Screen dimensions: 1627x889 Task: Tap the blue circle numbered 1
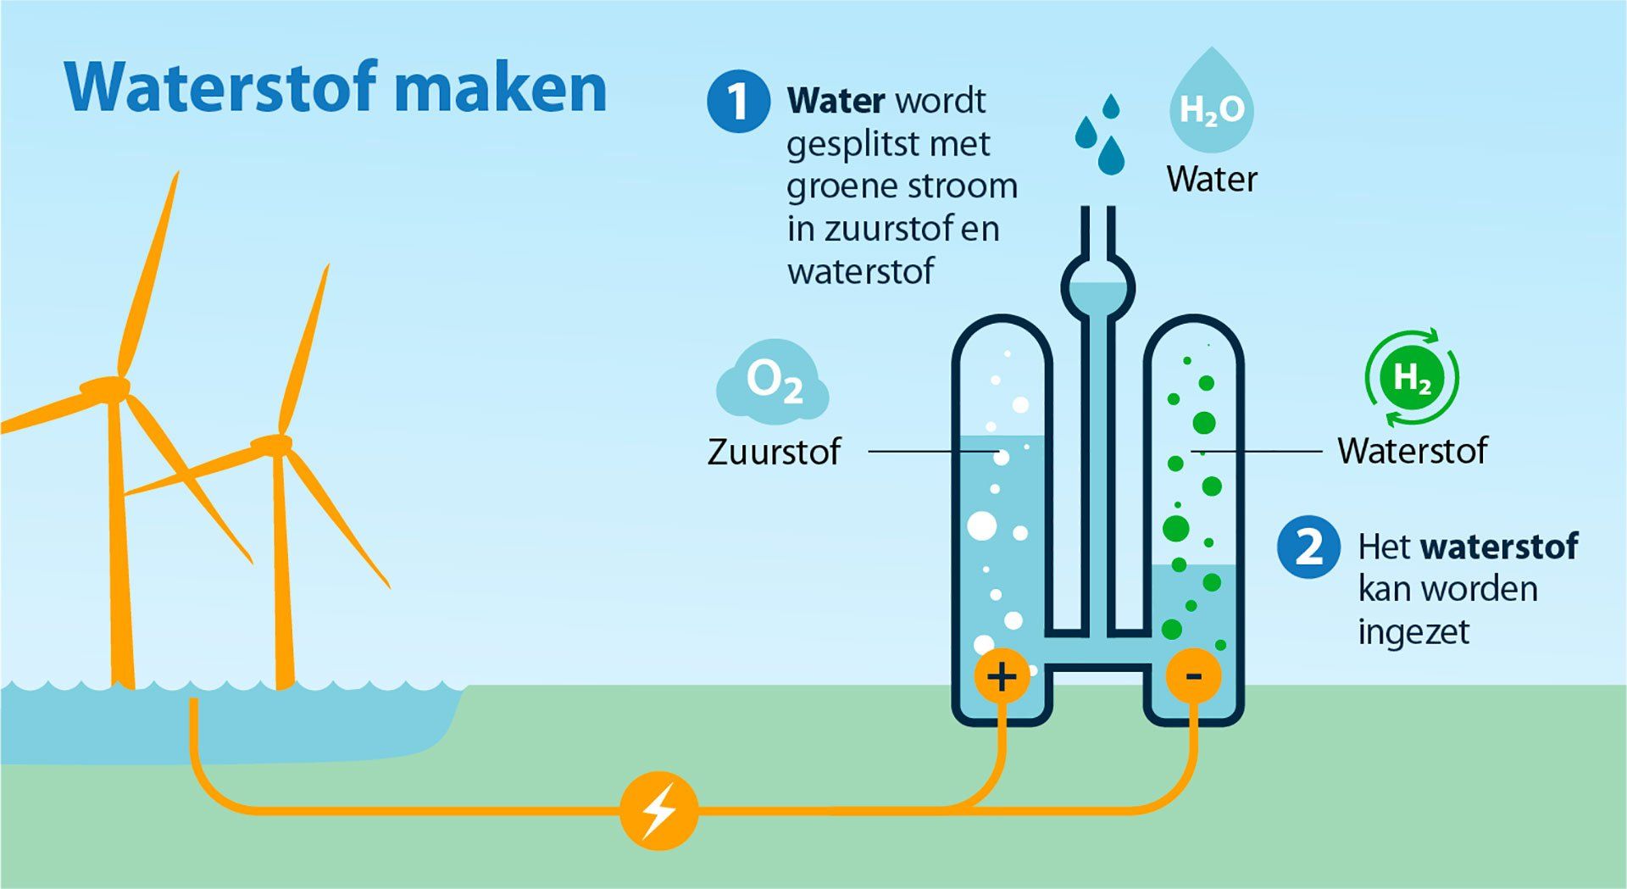[x=738, y=102]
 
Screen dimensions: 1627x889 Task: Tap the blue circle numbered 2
[x=1308, y=547]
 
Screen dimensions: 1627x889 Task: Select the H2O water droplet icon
[x=1212, y=102]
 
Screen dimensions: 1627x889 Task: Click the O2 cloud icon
[x=773, y=383]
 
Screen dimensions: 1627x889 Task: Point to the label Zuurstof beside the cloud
[x=774, y=452]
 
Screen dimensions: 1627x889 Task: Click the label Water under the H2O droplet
[x=1212, y=180]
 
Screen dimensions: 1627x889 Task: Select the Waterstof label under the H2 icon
[x=1412, y=451]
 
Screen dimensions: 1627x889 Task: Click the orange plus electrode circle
[x=1002, y=676]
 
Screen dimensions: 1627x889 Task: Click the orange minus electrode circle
[x=1193, y=676]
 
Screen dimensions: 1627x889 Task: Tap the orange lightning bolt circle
[x=658, y=811]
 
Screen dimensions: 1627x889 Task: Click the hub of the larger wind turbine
[x=106, y=388]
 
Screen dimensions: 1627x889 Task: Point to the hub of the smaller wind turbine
[x=272, y=444]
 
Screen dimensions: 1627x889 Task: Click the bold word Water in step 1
[x=836, y=101]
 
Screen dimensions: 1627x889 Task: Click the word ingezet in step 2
[x=1413, y=632]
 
